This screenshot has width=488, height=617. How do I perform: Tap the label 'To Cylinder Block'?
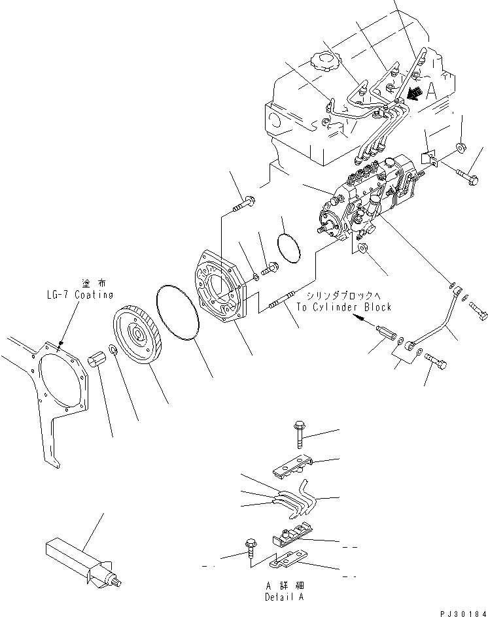[343, 307]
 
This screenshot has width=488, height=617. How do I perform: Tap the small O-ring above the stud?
[288, 246]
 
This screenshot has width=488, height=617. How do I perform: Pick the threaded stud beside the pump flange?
[283, 304]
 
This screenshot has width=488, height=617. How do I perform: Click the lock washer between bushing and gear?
[113, 353]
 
